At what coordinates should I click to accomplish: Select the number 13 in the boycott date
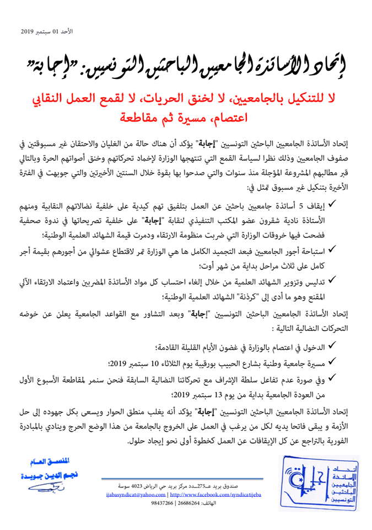click(x=188, y=394)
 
